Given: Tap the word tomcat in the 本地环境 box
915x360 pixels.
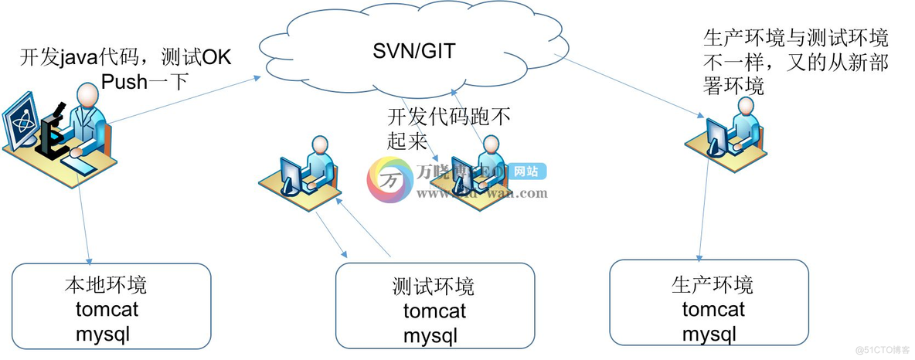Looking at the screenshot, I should click(105, 311).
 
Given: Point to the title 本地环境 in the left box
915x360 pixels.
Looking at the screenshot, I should click(105, 285).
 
